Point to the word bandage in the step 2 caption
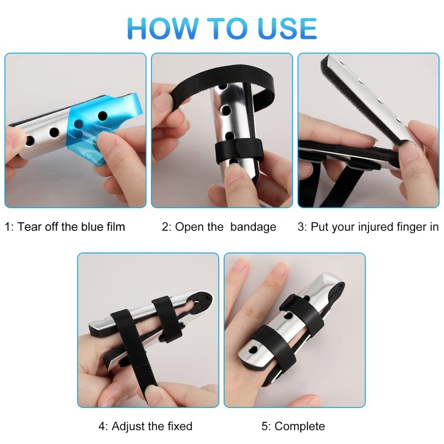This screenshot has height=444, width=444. pyautogui.click(x=253, y=226)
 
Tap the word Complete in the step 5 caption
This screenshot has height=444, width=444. pyautogui.click(x=300, y=426)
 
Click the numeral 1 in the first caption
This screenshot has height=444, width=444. pyautogui.click(x=8, y=226)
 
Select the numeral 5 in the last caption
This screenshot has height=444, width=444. pyautogui.click(x=265, y=426)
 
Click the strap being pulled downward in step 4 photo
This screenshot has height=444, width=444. pyautogui.click(x=142, y=366)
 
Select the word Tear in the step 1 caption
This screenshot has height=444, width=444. pyautogui.click(x=29, y=226)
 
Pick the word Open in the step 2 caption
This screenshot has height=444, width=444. pyautogui.click(x=187, y=226)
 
